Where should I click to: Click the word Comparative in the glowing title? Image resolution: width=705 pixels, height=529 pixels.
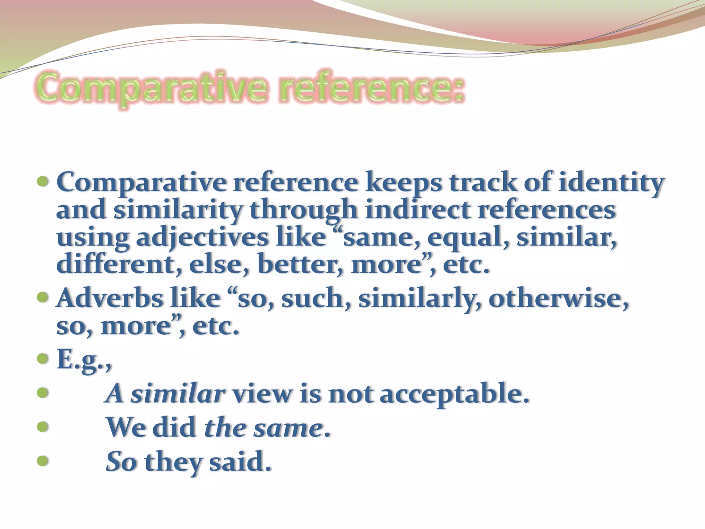point(151,88)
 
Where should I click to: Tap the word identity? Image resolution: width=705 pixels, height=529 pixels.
point(610,183)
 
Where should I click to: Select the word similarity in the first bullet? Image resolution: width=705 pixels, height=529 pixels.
point(178,210)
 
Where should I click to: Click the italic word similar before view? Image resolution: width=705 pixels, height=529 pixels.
point(178,393)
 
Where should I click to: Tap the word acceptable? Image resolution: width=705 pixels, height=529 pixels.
point(454,393)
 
